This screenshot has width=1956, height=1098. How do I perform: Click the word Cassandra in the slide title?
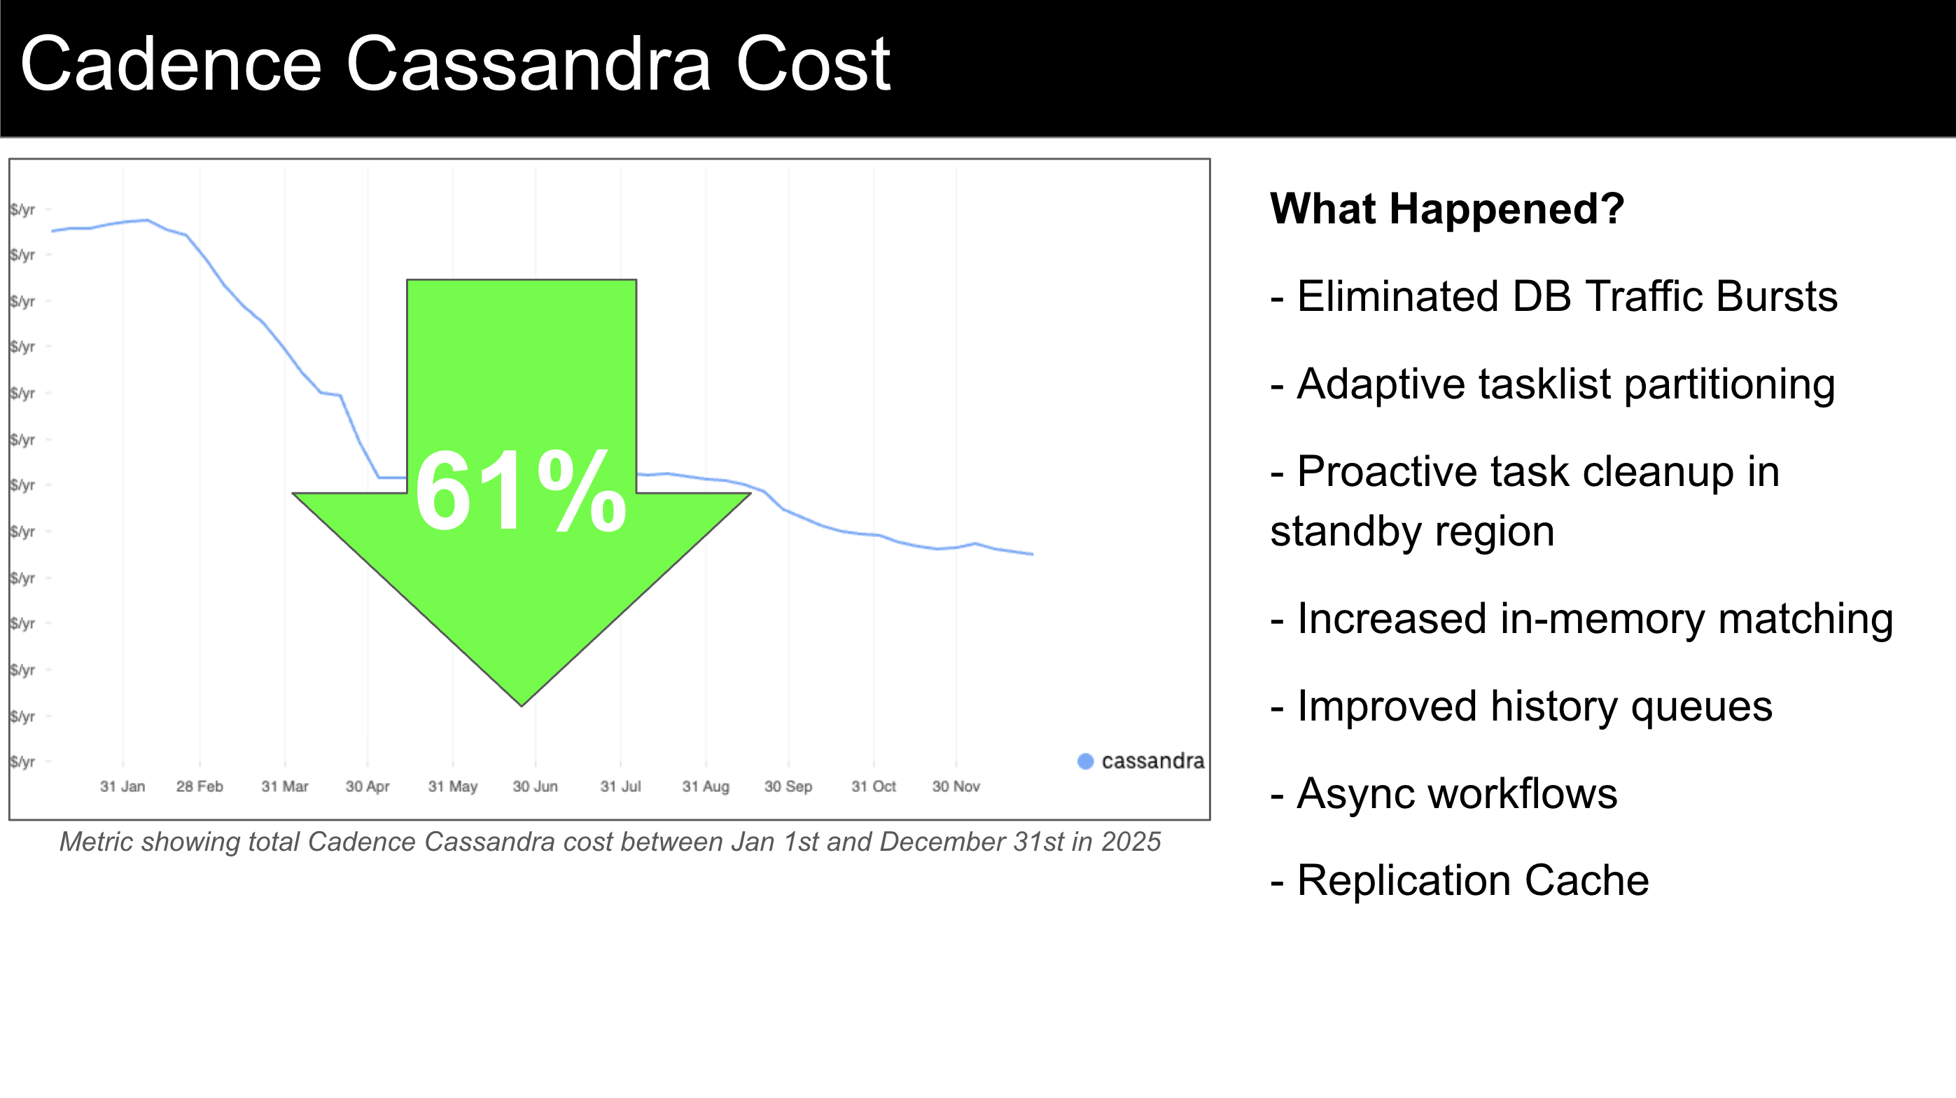click(528, 64)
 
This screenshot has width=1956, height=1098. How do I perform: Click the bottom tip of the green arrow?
click(522, 703)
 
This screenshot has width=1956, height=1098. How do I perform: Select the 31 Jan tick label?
click(123, 786)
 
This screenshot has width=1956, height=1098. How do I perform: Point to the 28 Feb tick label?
click(200, 786)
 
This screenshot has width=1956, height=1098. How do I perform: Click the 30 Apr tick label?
click(368, 786)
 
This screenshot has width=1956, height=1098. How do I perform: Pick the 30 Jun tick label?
click(536, 786)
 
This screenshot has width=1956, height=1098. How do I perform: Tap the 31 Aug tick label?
click(706, 786)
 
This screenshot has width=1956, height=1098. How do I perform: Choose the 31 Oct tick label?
click(873, 786)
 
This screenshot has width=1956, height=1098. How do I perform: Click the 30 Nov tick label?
click(956, 786)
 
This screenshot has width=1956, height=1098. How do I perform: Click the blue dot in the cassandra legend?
click(1085, 761)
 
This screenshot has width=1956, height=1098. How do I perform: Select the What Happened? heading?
click(1446, 209)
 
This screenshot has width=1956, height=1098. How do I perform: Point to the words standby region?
click(1412, 531)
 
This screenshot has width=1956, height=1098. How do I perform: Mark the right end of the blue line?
click(1032, 555)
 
